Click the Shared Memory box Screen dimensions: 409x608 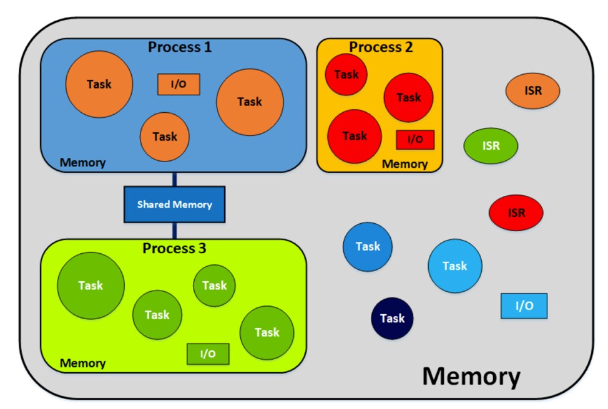[x=174, y=205]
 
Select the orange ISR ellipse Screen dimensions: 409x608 [x=532, y=91]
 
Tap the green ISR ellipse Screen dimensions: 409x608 [x=491, y=146]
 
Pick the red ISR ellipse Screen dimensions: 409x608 [x=516, y=213]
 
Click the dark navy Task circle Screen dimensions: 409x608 [x=392, y=319]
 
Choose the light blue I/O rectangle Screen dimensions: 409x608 [x=524, y=306]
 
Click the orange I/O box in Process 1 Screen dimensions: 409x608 [x=179, y=85]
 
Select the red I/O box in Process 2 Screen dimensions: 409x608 [x=414, y=140]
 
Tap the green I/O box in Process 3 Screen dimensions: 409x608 [x=208, y=354]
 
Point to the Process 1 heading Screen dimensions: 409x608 [x=180, y=47]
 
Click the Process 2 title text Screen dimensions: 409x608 [x=380, y=47]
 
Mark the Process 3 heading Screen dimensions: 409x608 [x=174, y=248]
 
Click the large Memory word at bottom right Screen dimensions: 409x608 [x=471, y=377]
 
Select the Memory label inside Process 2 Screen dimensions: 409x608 [x=405, y=165]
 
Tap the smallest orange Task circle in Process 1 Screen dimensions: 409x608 [x=165, y=137]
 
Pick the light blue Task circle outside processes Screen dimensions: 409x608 [x=454, y=266]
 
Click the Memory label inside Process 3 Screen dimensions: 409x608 [x=82, y=363]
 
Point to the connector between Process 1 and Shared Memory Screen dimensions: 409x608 [x=174, y=179]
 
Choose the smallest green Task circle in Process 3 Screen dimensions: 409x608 [x=214, y=286]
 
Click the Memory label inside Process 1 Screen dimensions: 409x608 [x=82, y=163]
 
